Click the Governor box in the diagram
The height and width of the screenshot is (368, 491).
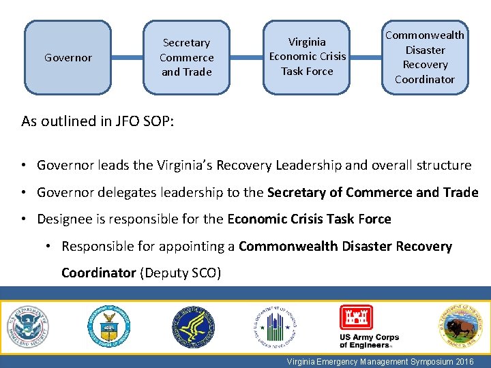(68, 58)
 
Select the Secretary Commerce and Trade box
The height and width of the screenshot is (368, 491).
(186, 58)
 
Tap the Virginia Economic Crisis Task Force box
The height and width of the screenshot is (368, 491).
(307, 57)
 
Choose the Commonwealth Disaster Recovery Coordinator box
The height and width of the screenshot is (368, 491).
(424, 57)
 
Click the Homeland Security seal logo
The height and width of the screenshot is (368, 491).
(27, 326)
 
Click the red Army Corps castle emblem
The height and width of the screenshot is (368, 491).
(356, 318)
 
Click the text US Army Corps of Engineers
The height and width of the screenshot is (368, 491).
(369, 341)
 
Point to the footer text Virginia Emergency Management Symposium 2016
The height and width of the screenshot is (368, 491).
(381, 362)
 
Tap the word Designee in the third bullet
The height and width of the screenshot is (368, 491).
(63, 219)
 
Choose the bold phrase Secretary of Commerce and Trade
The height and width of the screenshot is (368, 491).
(373, 192)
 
